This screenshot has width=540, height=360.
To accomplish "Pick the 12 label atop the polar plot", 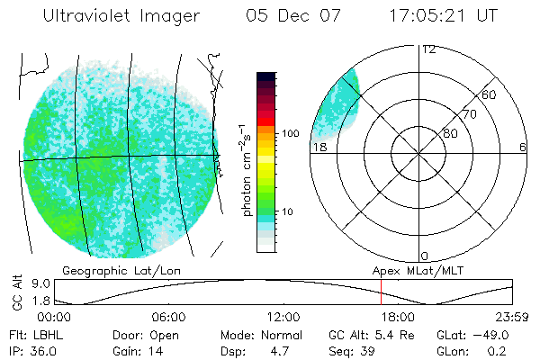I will click(428, 49).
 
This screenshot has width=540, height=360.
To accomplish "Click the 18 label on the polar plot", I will click(319, 147).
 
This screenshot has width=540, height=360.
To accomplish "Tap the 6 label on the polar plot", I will click(523, 147).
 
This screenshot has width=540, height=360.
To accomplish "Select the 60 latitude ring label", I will click(489, 95).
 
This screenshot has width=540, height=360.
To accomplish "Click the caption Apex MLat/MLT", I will click(417, 270).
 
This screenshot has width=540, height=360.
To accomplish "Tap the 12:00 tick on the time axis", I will click(283, 318).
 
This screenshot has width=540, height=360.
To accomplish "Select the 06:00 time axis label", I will click(169, 318).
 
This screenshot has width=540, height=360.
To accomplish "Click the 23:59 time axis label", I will click(512, 318).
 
